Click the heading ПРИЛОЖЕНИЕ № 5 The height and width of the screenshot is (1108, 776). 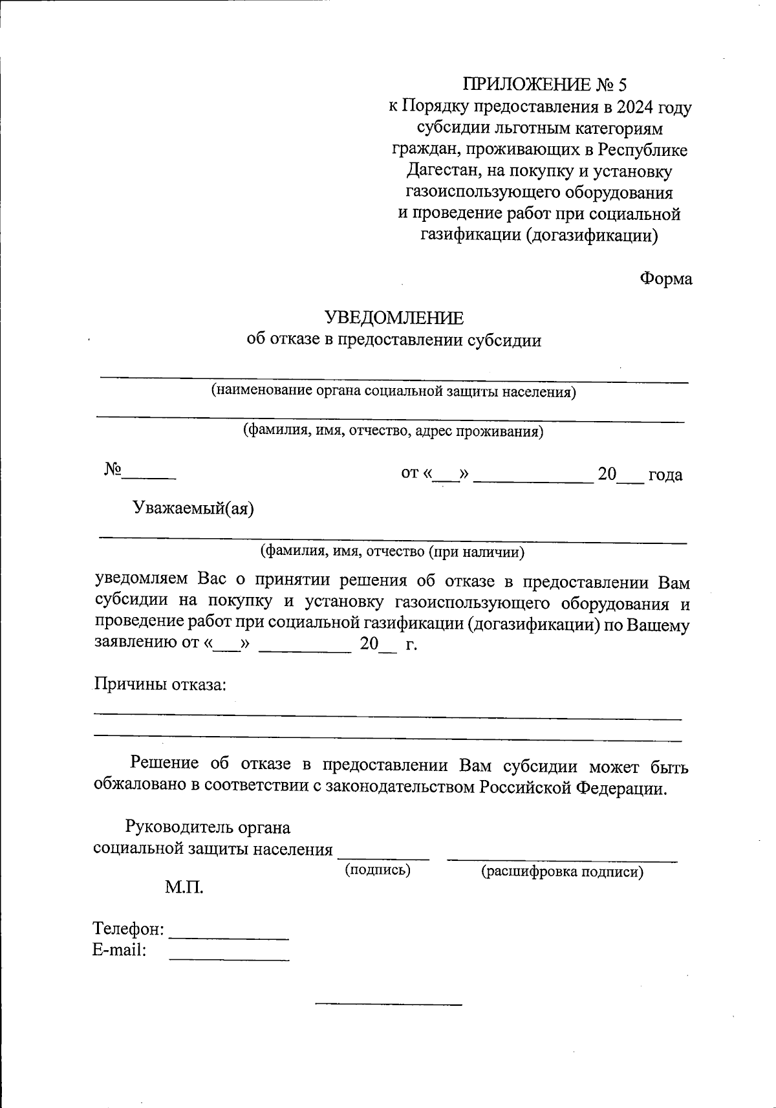point(544,85)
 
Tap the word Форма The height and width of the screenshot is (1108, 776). point(665,279)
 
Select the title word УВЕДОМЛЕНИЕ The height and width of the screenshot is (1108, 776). point(394,318)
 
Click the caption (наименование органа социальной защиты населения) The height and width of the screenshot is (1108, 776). point(393,391)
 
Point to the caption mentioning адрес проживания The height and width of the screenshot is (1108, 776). point(393,431)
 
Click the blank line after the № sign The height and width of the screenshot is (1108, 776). point(149,476)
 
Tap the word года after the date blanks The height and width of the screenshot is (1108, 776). point(665,475)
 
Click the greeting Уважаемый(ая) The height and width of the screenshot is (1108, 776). point(193,508)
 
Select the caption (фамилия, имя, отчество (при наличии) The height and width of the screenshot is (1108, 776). point(392,552)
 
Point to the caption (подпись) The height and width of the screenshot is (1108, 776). point(378,870)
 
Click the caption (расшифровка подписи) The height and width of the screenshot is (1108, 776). point(561,872)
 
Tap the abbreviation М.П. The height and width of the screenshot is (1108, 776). point(184,887)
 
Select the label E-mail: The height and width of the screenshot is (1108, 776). point(120,950)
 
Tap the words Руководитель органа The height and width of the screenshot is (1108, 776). point(208,827)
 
